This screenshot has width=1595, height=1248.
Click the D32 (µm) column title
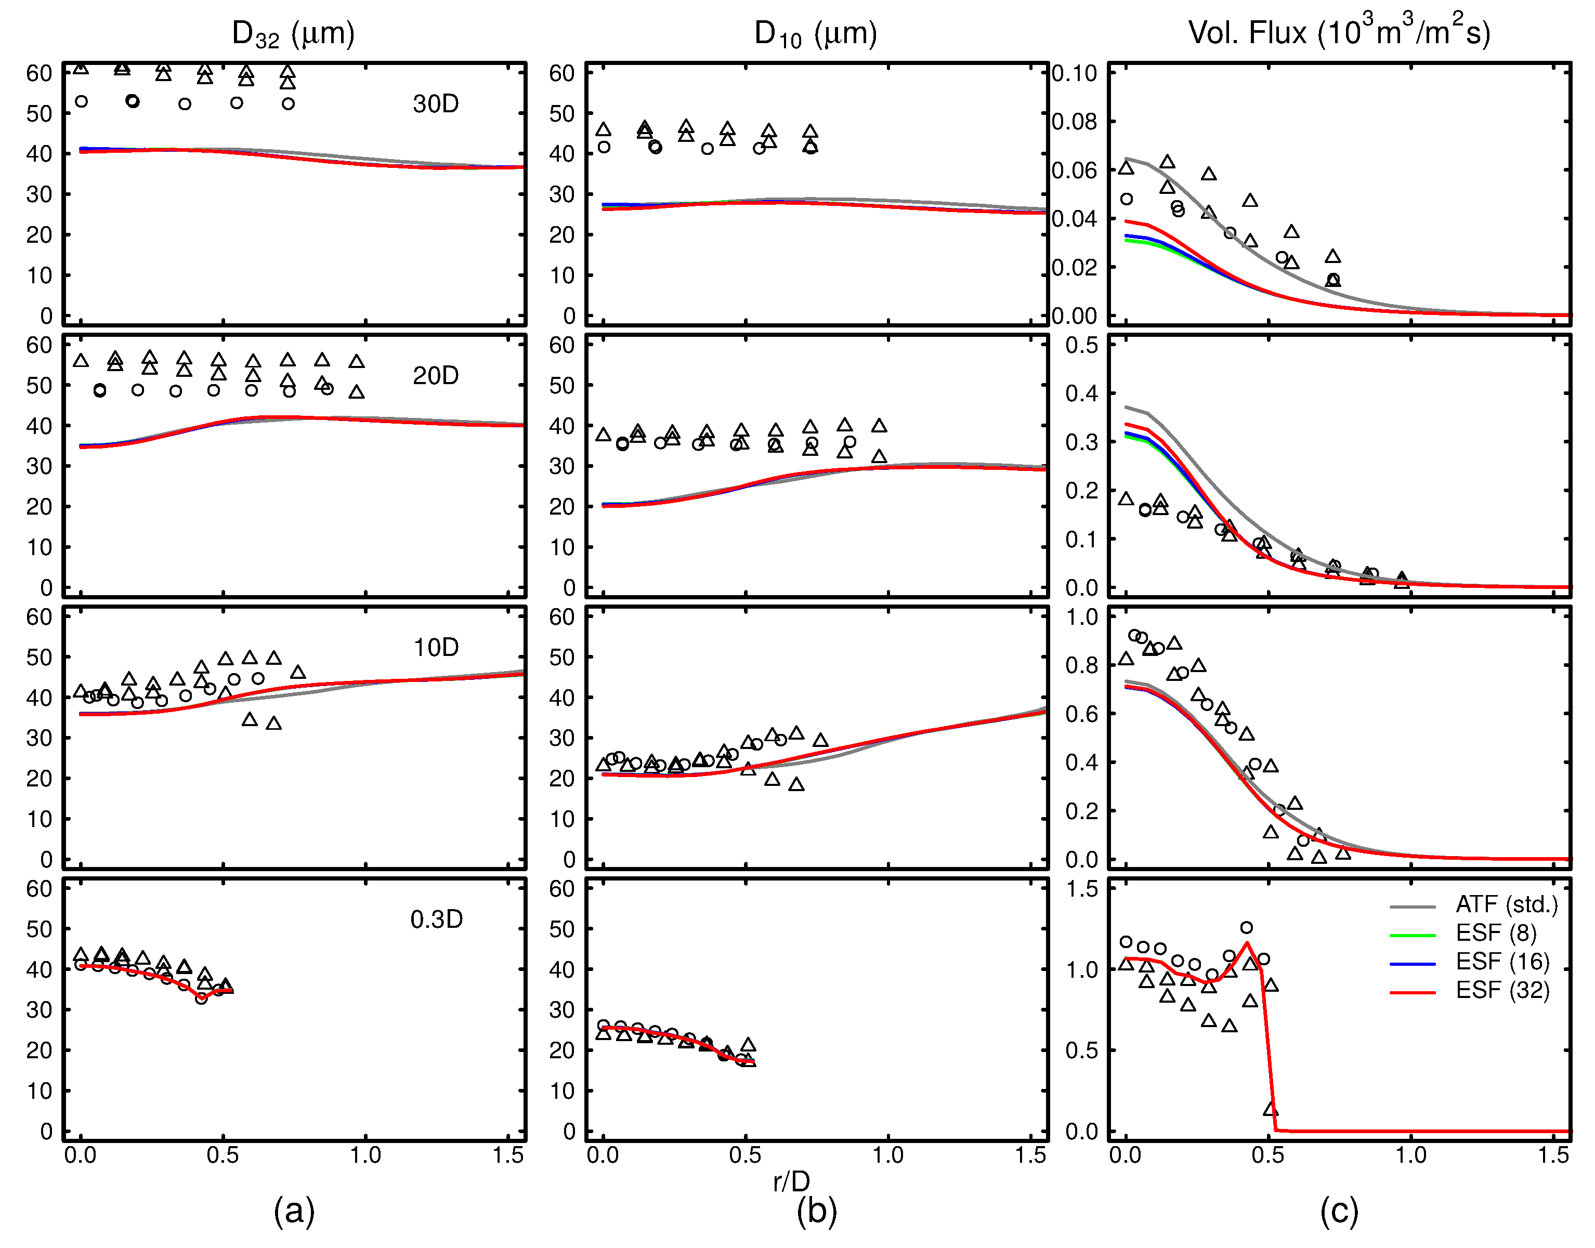[x=293, y=34]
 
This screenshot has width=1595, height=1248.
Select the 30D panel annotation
[x=436, y=104]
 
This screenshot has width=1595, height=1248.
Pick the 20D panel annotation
[x=436, y=376]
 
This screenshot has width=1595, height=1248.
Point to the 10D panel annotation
[x=436, y=647]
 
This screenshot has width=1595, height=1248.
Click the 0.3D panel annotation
[x=436, y=919]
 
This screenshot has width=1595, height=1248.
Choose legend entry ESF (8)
[x=1496, y=933]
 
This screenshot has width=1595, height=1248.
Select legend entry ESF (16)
[x=1501, y=962]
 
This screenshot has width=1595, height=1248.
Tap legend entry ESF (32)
[x=1501, y=990]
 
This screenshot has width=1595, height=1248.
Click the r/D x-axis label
[x=791, y=1181]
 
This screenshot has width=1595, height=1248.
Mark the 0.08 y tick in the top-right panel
[x=1074, y=121]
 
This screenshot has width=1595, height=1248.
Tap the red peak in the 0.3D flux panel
[x=1247, y=943]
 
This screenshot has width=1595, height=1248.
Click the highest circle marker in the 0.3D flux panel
[x=1247, y=927]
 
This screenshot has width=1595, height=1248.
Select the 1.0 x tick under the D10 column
[x=888, y=1155]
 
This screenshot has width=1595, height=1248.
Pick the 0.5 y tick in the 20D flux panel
[x=1081, y=345]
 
